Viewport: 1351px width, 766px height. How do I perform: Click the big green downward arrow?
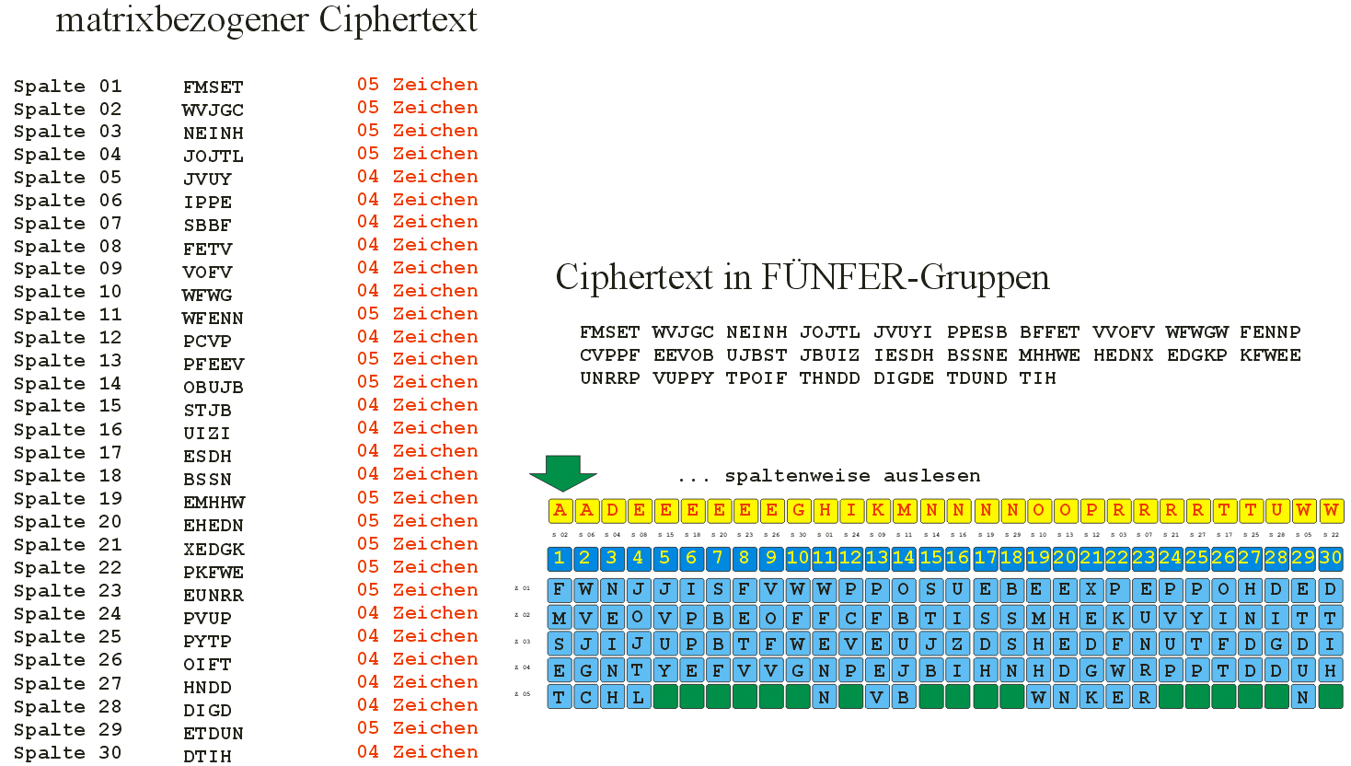[563, 472]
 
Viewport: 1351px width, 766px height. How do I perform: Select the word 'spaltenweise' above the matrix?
[797, 476]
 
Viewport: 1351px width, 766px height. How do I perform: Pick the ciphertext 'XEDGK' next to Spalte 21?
[214, 549]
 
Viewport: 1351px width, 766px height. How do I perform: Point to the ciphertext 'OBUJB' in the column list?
[214, 388]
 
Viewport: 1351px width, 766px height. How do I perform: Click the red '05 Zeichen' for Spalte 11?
[417, 314]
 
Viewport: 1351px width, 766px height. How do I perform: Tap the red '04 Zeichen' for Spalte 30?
[417, 752]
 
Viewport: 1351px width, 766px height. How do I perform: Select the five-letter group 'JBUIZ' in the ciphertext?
[829, 355]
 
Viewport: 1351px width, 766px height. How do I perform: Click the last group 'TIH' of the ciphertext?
[1037, 378]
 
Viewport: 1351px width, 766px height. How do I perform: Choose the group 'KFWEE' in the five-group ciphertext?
[1270, 355]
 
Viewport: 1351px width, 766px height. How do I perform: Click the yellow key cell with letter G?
[798, 510]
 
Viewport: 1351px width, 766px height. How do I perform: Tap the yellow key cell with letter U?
[1276, 510]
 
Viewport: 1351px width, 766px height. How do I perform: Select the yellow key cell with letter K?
[878, 510]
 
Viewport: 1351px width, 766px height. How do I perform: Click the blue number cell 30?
[1330, 558]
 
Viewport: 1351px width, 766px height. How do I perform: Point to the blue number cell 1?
[559, 558]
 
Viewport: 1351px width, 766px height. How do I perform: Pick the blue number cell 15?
[930, 558]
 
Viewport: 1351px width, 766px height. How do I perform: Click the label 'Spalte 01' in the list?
[67, 87]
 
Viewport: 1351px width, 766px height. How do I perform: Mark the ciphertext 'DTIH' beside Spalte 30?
[207, 757]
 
